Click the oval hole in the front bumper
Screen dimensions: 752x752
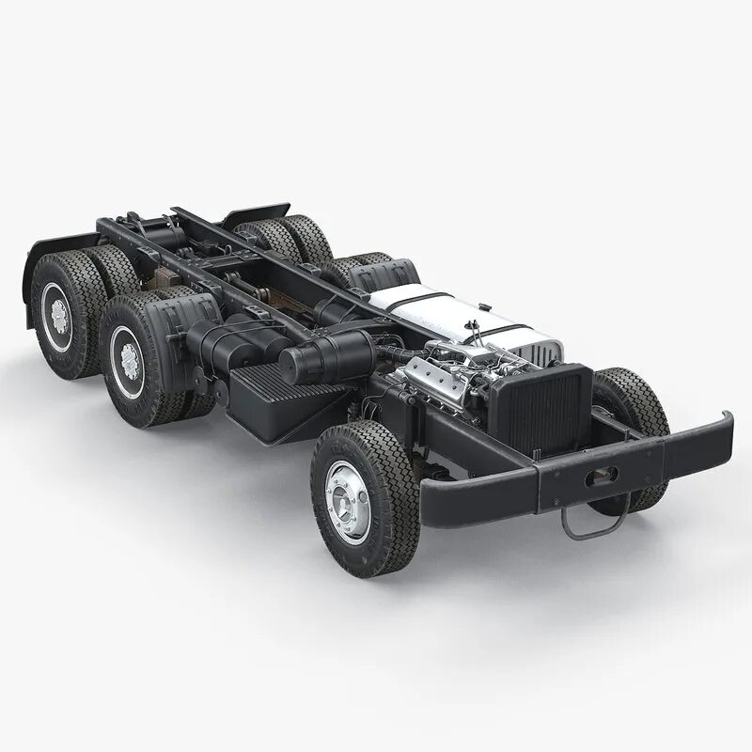[599, 478]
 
